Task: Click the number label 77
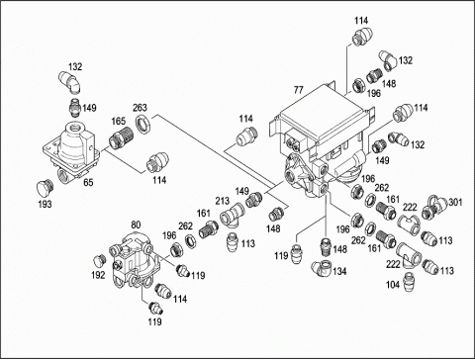298,90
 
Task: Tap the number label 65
88,182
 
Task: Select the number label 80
136,225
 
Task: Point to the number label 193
45,204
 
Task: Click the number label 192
98,275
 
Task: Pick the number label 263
140,108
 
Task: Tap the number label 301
455,202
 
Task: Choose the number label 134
339,271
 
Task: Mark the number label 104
393,285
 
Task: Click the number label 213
223,201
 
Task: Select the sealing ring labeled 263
143,125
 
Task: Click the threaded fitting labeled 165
121,137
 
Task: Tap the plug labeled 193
43,187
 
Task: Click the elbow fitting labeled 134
323,268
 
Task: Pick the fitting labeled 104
409,280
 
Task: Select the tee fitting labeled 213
233,215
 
